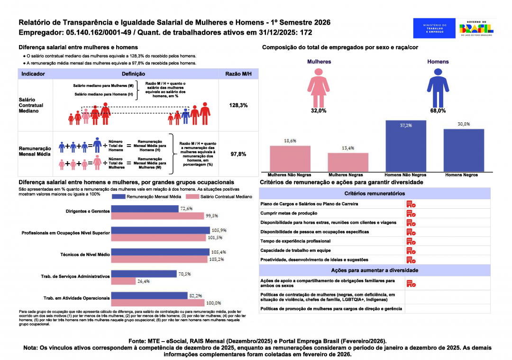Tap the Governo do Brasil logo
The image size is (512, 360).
(x=476, y=28)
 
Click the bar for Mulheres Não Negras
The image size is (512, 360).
(x=290, y=158)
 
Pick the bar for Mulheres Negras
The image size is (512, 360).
(x=347, y=162)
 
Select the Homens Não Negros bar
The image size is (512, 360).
(x=406, y=146)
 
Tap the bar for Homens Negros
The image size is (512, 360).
(x=464, y=150)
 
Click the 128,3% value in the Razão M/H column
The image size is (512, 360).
(x=238, y=105)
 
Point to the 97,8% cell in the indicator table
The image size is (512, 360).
(x=238, y=154)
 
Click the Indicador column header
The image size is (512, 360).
(x=33, y=74)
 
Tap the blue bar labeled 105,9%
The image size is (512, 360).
(x=160, y=230)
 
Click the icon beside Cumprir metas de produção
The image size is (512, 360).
(x=411, y=213)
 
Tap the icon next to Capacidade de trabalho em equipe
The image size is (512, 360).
(x=411, y=250)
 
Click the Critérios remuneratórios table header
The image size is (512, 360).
(x=375, y=194)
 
